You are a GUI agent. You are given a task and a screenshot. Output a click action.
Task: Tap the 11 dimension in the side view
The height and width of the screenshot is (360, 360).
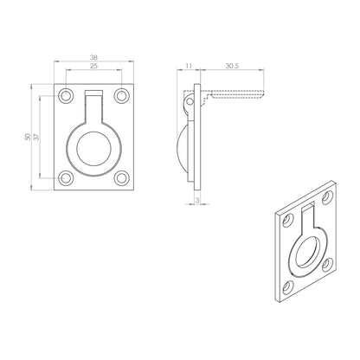coord(190,65)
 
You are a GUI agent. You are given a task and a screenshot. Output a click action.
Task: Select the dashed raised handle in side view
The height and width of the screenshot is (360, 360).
coord(232,91)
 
